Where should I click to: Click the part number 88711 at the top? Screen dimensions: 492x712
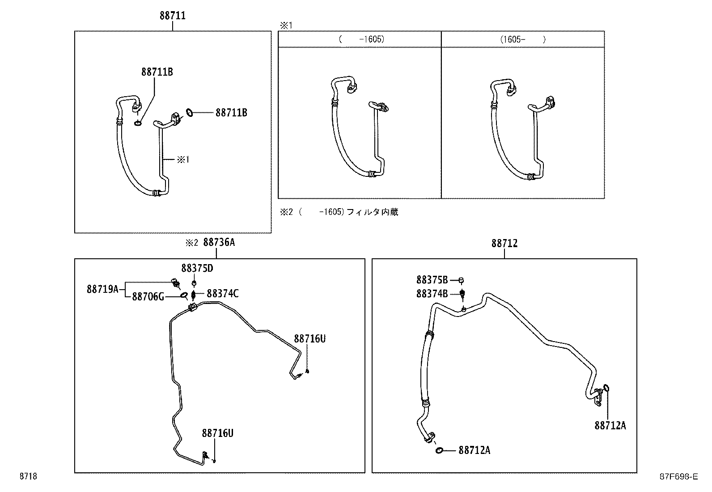(x=172, y=16)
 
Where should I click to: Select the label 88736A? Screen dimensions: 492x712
(x=219, y=243)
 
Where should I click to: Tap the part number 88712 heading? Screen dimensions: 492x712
(x=504, y=243)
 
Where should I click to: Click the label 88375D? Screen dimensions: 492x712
(x=197, y=268)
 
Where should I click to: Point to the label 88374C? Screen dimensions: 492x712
(x=222, y=294)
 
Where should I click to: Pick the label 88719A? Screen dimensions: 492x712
(x=102, y=289)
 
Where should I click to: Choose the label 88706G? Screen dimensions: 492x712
(x=148, y=297)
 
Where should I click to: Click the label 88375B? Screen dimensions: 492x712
(x=432, y=280)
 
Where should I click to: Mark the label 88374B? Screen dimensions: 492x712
(x=432, y=294)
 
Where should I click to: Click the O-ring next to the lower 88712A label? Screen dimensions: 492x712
(x=440, y=450)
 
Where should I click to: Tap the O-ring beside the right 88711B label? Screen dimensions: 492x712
(x=189, y=113)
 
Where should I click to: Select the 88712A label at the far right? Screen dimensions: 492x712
(x=610, y=426)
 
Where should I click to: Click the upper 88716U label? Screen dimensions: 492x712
(x=309, y=339)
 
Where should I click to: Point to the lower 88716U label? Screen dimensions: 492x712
(x=217, y=433)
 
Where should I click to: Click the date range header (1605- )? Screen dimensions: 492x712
(x=522, y=39)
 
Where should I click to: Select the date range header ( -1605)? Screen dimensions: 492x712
(x=361, y=39)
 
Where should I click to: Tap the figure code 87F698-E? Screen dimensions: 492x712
(x=678, y=477)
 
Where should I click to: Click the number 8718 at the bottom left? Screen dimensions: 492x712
(x=28, y=477)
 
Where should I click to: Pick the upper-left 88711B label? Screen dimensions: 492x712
(x=157, y=72)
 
